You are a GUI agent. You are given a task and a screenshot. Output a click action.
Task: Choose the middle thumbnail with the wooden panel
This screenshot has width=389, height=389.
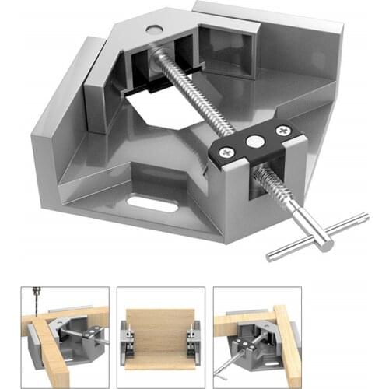(x=160, y=330)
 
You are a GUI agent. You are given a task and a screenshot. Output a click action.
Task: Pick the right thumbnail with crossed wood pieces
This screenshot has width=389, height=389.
(x=257, y=330)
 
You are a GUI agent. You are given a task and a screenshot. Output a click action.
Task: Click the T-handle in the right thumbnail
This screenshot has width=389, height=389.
(x=226, y=363)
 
